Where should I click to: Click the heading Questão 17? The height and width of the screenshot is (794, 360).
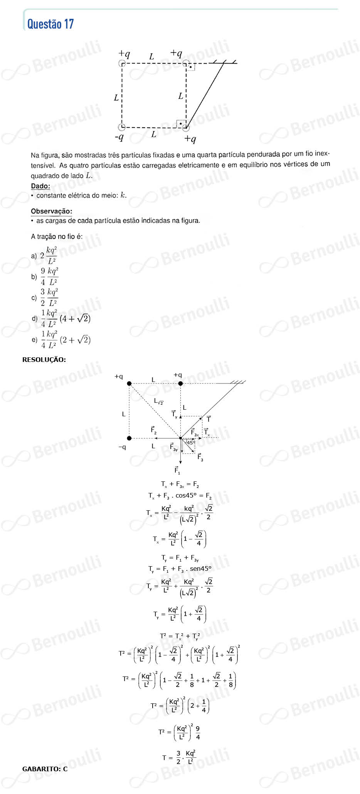[50, 24]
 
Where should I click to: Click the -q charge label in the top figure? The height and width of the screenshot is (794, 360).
[119, 137]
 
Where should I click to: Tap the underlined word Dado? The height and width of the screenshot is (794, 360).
[40, 186]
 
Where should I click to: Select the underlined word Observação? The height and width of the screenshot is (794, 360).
[51, 211]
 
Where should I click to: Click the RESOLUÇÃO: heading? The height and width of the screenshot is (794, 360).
[44, 360]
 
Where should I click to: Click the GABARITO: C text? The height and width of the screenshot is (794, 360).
[45, 769]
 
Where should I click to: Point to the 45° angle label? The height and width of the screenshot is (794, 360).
[191, 443]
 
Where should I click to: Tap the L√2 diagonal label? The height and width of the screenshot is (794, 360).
[158, 401]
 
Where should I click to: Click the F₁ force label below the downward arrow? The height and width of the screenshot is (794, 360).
[177, 470]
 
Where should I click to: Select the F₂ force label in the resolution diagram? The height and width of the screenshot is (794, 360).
[153, 430]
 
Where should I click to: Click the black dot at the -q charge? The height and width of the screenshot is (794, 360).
[129, 438]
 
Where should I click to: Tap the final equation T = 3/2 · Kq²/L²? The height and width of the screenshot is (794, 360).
[180, 757]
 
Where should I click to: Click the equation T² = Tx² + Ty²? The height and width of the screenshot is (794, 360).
[180, 636]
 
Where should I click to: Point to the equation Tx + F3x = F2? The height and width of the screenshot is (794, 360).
[180, 484]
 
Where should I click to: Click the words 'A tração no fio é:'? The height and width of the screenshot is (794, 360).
[57, 237]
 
